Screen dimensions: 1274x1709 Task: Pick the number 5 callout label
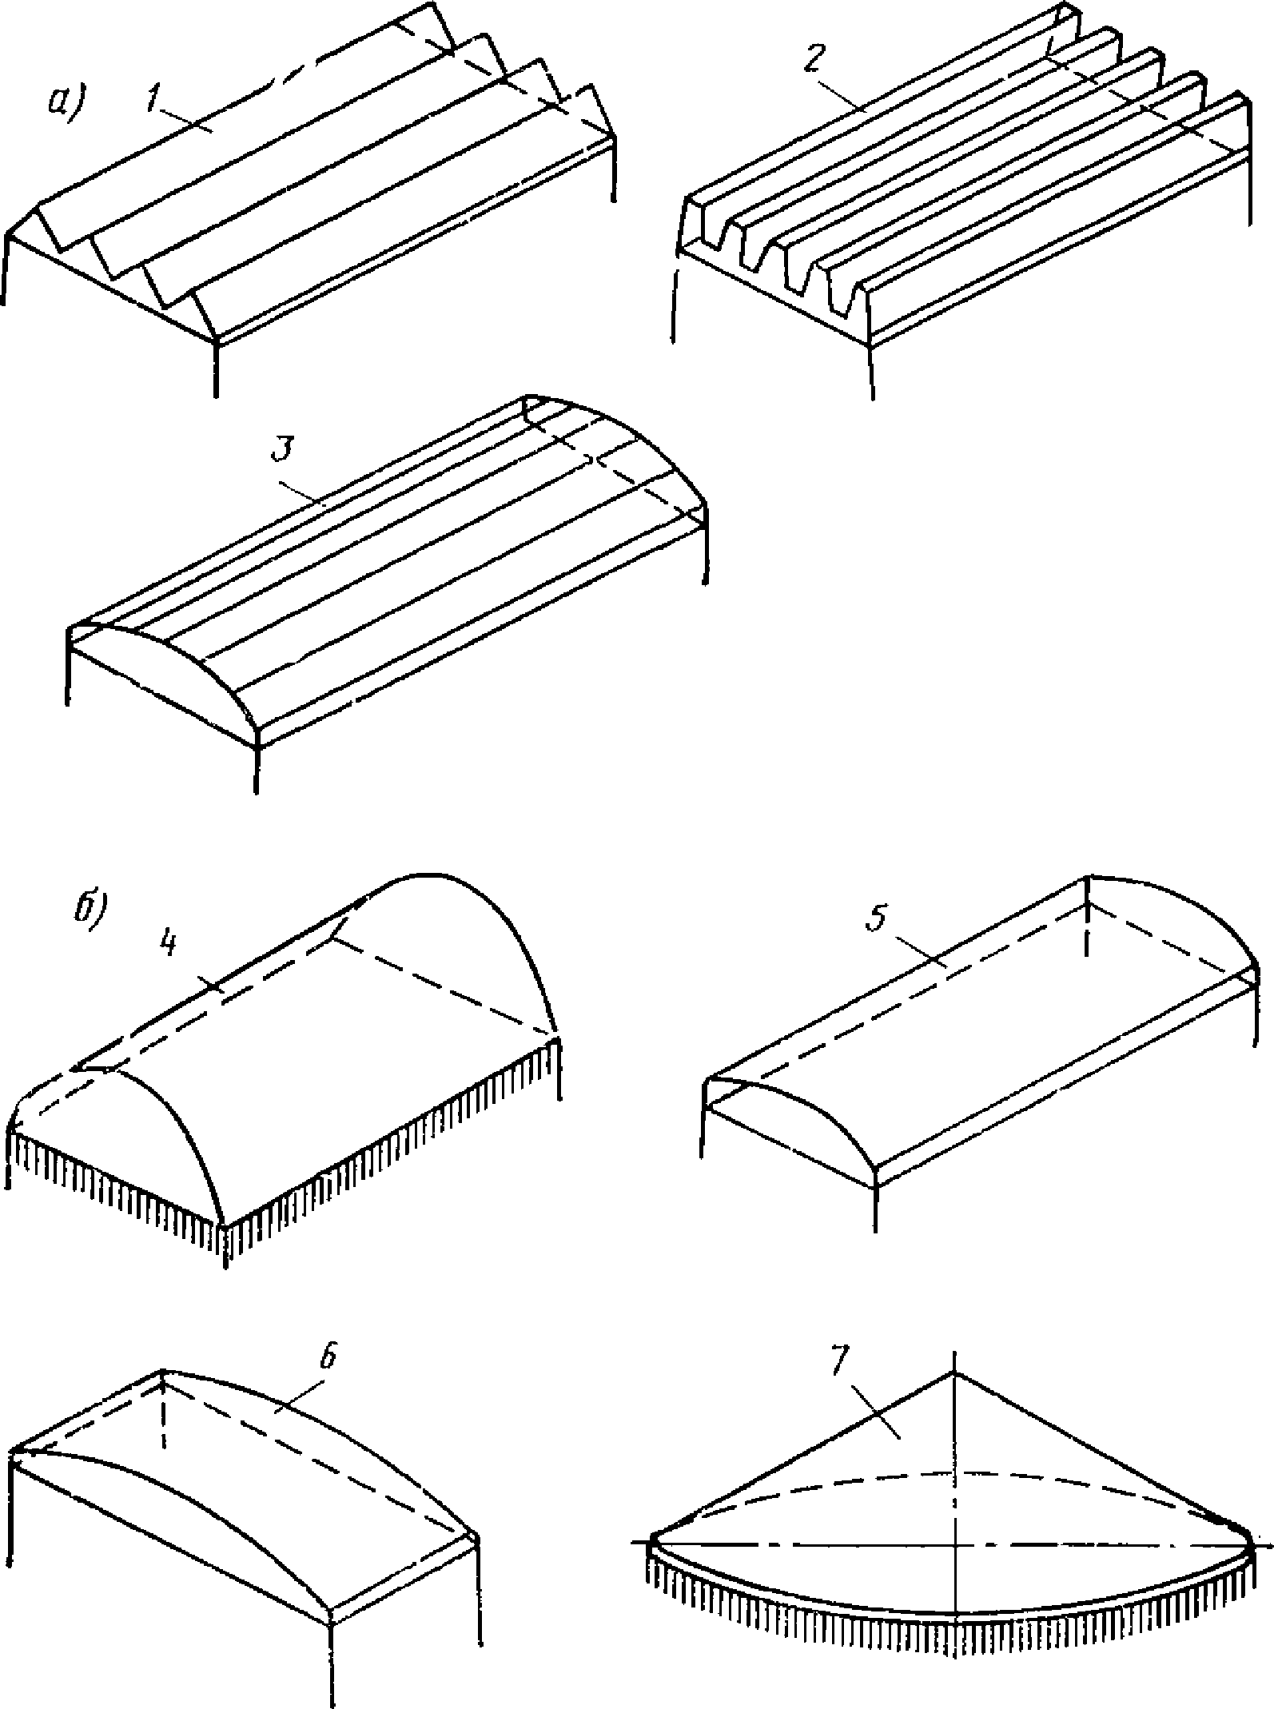coord(877,920)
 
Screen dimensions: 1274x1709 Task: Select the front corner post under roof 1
coord(216,368)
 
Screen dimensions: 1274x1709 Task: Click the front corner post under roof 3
coord(257,767)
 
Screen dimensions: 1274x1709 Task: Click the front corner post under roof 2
coord(870,372)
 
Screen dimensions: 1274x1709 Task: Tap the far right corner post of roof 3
coord(707,552)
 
